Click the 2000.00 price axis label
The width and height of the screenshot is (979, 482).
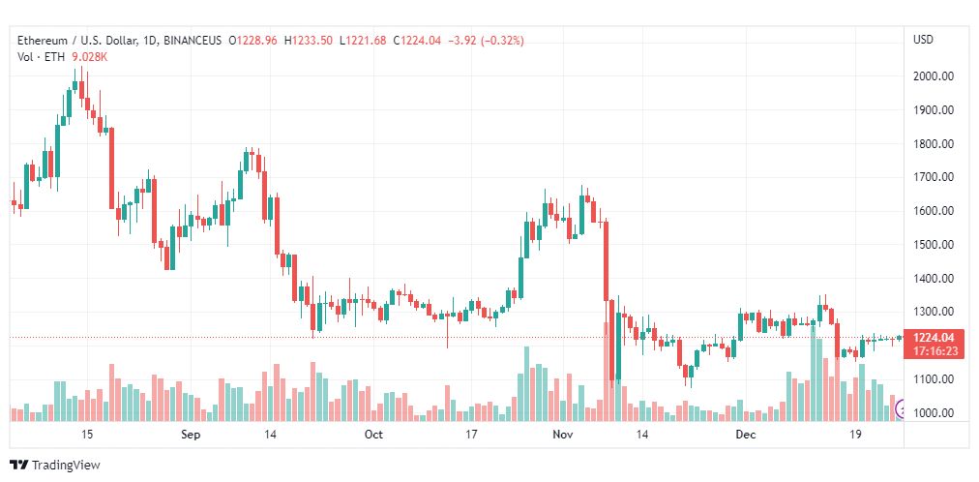click(935, 76)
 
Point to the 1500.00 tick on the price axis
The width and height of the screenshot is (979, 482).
click(935, 245)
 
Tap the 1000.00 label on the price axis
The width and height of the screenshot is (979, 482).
click(935, 413)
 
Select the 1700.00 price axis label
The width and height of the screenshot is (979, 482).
click(935, 177)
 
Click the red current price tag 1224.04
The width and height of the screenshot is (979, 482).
click(935, 337)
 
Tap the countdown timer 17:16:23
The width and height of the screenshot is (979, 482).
click(935, 350)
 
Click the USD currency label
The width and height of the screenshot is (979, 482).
click(923, 40)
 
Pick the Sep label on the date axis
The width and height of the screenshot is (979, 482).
click(191, 435)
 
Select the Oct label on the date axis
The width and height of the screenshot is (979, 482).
click(373, 435)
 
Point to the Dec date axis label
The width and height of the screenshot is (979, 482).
click(744, 435)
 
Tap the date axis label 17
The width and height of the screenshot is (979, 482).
click(471, 435)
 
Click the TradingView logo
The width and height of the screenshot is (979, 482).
click(55, 466)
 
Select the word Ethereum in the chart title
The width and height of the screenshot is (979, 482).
click(44, 41)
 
